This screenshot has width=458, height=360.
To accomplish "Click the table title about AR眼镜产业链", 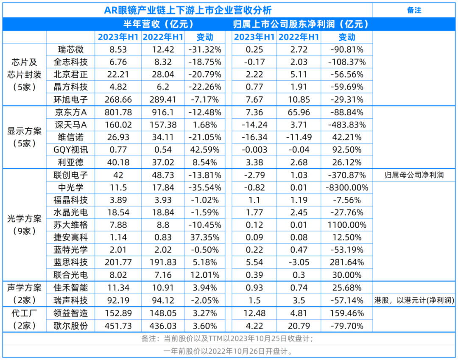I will (x=188, y=10).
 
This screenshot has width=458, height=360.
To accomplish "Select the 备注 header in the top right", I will (x=414, y=10).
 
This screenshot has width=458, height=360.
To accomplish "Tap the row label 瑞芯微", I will (x=70, y=50).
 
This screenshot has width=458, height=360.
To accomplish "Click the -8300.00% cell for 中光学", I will (x=347, y=187).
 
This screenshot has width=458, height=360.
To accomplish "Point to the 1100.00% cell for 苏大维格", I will (x=347, y=225).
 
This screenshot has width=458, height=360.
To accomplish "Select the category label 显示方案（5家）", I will (x=25, y=137).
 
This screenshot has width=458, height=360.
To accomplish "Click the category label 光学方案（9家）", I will (x=25, y=225).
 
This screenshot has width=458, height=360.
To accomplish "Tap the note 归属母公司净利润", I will (x=414, y=175).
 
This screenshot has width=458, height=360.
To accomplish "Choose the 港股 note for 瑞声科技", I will (x=414, y=301).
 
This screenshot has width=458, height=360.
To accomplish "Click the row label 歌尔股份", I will (x=70, y=326).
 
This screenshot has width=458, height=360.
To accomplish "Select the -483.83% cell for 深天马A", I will (x=347, y=125).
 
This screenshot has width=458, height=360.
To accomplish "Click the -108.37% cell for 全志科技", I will (x=347, y=62).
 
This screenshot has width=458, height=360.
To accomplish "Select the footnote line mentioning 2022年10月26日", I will (x=229, y=352).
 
